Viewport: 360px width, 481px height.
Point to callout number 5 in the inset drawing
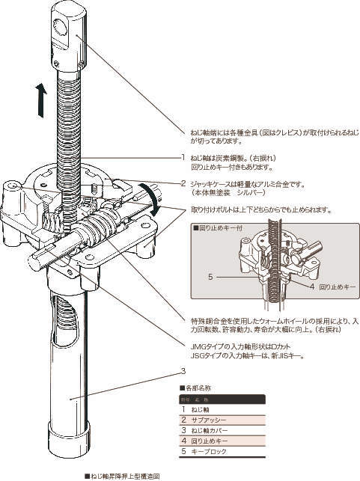pos(211,277)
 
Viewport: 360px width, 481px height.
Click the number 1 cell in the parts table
pos(184,409)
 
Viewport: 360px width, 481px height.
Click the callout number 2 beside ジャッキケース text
pos(183,183)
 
